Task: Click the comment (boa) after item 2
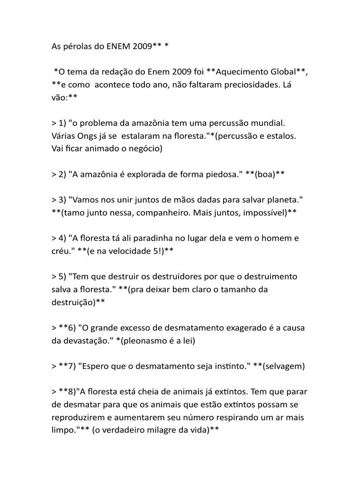pyautogui.click(x=265, y=174)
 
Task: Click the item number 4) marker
pyautogui.click(x=62, y=238)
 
